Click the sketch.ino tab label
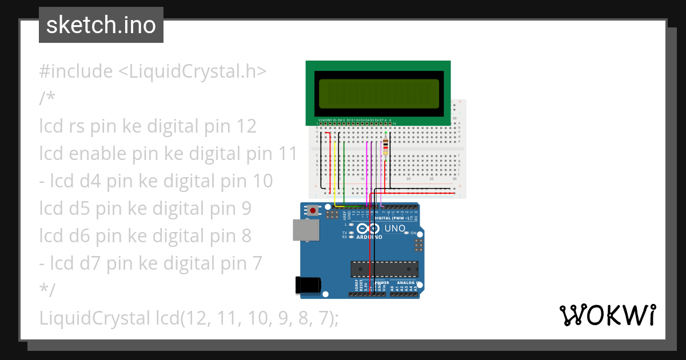coord(101,25)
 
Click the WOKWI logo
coord(607,315)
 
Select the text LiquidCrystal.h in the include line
coord(192,71)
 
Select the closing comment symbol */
coord(47,290)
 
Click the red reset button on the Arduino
coord(313,211)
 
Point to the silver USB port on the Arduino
coord(305,230)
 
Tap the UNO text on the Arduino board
coord(395,229)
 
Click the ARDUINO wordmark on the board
coord(369,237)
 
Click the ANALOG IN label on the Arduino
coord(409,283)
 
